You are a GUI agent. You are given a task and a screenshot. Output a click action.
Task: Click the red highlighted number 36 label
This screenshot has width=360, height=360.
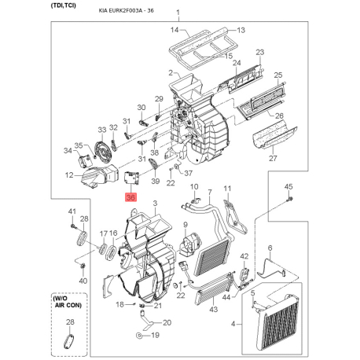pos(130,200)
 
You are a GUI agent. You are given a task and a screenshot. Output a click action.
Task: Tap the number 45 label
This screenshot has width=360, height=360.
pos(288,186)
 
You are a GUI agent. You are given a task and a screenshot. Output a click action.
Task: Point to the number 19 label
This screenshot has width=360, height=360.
pos(155,336)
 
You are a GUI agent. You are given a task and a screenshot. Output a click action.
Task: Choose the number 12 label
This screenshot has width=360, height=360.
pos(69,175)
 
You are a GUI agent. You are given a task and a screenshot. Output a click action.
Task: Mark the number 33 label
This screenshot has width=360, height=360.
pos(101,129)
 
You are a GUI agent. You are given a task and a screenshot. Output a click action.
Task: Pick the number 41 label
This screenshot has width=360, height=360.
pos(72,211)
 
